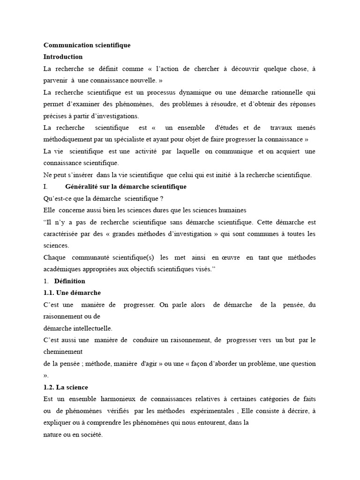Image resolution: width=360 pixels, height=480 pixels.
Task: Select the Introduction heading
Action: [63, 57]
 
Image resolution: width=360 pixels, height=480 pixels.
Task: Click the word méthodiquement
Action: [69, 139]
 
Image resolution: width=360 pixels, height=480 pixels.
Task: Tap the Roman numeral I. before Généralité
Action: [45, 187]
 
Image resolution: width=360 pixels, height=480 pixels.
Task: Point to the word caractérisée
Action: [63, 234]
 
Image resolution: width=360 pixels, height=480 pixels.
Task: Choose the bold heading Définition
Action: [70, 281]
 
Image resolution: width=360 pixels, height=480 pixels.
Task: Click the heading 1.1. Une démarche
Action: [72, 293]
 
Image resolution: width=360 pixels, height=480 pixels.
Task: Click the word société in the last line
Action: [89, 435]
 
